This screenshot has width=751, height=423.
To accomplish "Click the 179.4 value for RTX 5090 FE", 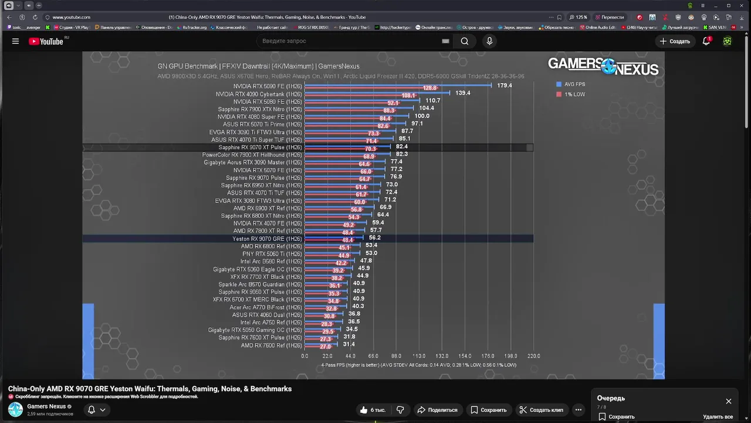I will [505, 86].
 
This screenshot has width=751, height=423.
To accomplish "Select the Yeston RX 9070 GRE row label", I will [267, 239].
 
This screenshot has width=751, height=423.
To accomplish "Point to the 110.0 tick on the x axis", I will [419, 356].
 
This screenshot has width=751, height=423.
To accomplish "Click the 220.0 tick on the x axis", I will [533, 356].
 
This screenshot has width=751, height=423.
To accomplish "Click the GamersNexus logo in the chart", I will [603, 66].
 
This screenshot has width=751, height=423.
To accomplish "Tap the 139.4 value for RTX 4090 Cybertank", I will [463, 93].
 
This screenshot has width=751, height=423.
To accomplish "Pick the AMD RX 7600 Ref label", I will [271, 345].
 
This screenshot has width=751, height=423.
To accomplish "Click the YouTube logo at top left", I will [46, 41].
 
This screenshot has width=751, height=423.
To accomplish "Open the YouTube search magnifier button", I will [465, 41].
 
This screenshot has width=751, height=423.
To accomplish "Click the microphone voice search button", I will [489, 41].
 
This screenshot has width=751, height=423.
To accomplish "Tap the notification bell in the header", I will [706, 41].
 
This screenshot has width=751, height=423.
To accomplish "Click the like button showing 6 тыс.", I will [373, 410].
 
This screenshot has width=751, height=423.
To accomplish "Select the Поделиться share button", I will [437, 410].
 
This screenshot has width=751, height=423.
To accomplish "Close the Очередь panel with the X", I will [729, 401].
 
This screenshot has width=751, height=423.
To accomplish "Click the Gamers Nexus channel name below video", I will [46, 407].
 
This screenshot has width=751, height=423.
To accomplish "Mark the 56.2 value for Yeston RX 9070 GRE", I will [375, 238].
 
